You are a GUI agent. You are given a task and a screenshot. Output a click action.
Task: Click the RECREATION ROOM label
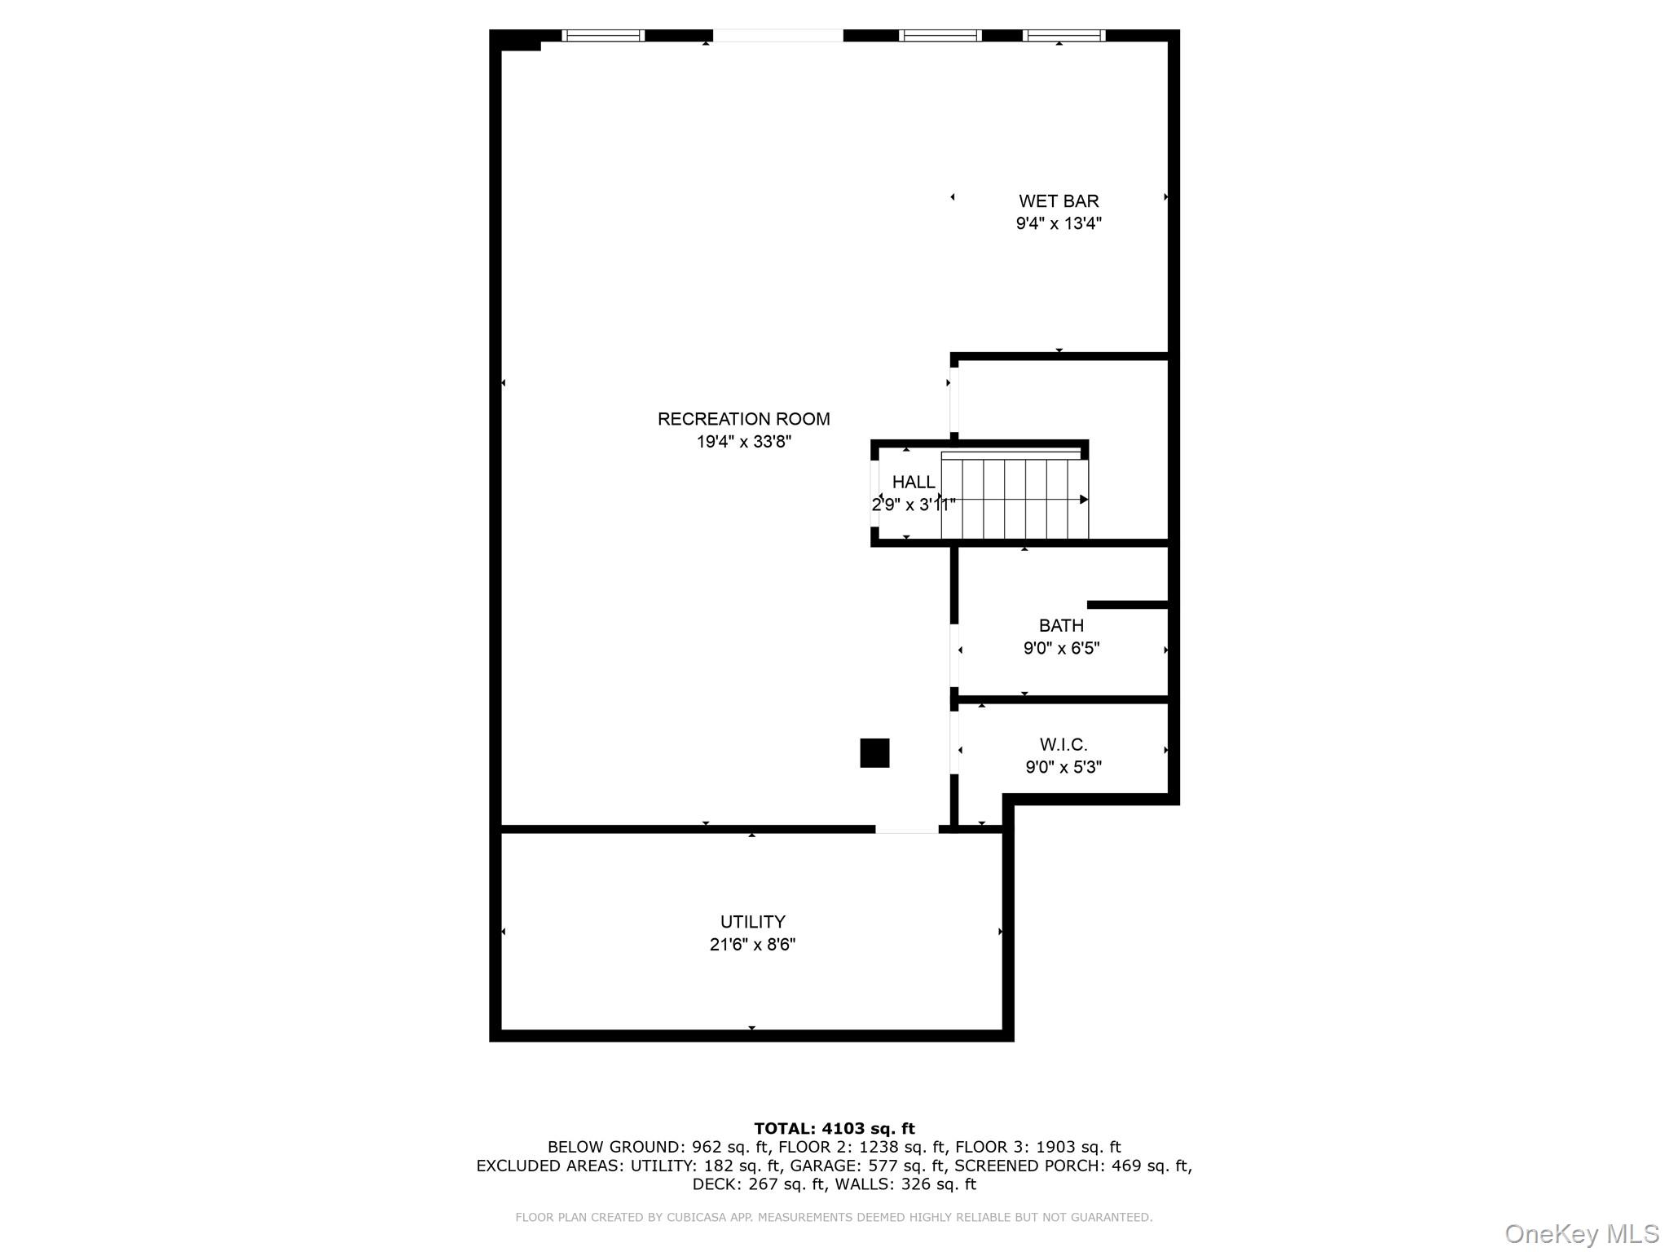point(743,419)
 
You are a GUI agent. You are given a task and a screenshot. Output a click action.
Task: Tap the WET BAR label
point(1059,201)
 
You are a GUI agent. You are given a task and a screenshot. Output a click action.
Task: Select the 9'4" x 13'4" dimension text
point(1059,223)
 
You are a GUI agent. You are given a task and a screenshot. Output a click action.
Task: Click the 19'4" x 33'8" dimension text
point(743,442)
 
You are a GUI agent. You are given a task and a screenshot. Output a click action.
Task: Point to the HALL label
point(914,482)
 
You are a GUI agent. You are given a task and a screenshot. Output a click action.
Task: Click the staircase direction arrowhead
point(1083,500)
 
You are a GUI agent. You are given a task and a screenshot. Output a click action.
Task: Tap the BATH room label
point(1061,625)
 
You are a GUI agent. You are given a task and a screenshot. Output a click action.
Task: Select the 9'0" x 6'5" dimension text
point(1061,648)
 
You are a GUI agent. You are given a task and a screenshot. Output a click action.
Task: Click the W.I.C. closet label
point(1063,744)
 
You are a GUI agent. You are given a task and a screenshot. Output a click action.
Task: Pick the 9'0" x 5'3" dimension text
point(1063,767)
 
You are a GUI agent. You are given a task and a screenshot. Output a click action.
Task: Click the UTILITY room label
point(752,922)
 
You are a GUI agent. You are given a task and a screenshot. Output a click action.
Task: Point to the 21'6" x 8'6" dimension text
point(752,945)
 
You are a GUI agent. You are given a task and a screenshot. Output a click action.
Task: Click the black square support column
point(874,753)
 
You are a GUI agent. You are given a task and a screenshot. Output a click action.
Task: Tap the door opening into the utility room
point(906,830)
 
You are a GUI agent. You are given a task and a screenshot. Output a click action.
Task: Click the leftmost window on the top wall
point(603,35)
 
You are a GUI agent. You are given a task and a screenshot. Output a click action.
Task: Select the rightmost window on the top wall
point(1063,35)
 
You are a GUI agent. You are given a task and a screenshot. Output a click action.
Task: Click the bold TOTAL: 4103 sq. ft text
point(834,1129)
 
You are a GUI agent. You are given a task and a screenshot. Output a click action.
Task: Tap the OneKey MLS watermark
point(1581,1233)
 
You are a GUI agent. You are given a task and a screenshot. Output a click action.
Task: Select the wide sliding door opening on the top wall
point(777,35)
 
